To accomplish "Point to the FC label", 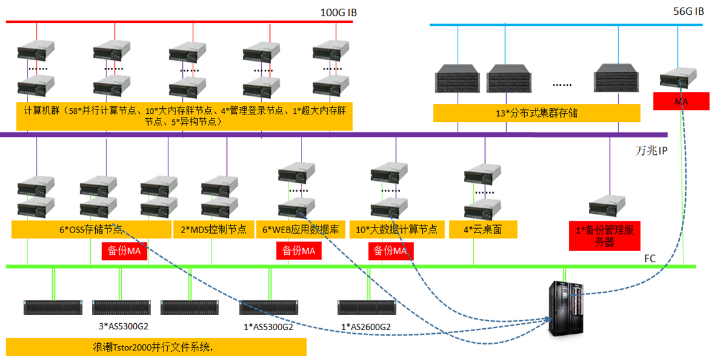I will pos(650,256).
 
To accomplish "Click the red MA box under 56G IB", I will pos(681,101).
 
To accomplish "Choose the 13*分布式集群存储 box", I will pos(537,113).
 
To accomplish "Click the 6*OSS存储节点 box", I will pos(91,229).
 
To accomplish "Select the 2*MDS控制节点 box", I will pos(213,229).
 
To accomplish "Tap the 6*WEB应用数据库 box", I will pos(300,229).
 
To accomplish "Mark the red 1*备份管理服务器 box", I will pos(605,236).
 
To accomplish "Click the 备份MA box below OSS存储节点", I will pos(124,251).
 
